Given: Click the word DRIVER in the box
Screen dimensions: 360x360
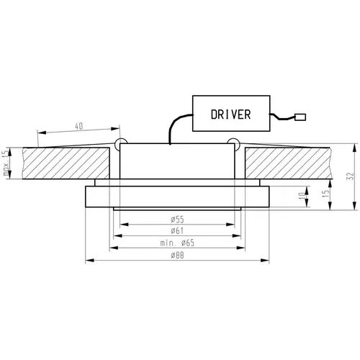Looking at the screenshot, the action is [231, 114].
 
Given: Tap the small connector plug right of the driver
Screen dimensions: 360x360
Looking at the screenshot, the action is [300, 117].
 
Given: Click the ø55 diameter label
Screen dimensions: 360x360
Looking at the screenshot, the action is [177, 220].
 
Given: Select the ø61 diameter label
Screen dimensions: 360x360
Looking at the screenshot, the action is [177, 230].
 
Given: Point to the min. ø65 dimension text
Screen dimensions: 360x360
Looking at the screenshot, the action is [177, 243].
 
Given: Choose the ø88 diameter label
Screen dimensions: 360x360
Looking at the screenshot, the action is [177, 256].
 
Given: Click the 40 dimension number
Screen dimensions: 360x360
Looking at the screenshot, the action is [79, 126].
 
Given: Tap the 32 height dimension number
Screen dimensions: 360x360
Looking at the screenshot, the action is [351, 176].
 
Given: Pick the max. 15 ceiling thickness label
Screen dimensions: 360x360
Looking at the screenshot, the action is [6, 163].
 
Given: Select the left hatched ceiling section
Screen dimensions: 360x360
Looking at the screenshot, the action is [66, 163].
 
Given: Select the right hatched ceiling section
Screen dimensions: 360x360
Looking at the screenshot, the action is [289, 163].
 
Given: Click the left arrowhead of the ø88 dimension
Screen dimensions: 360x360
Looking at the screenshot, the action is [90, 260].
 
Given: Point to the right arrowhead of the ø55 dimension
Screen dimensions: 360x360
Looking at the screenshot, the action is [230, 225].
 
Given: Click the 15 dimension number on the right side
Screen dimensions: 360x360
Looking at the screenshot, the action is [326, 194].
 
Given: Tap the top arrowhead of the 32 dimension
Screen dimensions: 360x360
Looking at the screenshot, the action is [354, 148].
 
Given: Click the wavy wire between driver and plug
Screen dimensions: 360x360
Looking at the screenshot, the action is [282, 117].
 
